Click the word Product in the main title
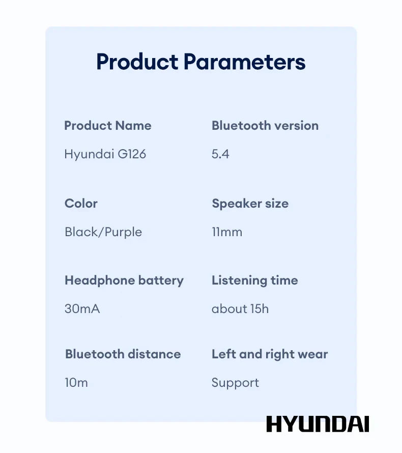click(x=137, y=62)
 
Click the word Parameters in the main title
click(x=244, y=62)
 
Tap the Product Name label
click(x=108, y=126)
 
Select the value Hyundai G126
click(x=105, y=154)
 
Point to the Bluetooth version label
click(x=265, y=126)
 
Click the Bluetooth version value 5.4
click(x=220, y=154)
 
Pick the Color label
click(x=81, y=204)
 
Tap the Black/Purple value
click(x=103, y=232)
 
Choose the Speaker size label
click(x=250, y=204)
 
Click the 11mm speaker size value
click(x=227, y=232)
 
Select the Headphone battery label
click(x=124, y=280)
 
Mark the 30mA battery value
click(x=82, y=308)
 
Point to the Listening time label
click(x=255, y=280)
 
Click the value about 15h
click(x=240, y=308)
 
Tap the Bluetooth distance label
click(x=123, y=354)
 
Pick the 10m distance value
click(x=76, y=383)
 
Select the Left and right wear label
click(x=270, y=354)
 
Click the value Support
click(x=235, y=383)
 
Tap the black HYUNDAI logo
click(x=318, y=424)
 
